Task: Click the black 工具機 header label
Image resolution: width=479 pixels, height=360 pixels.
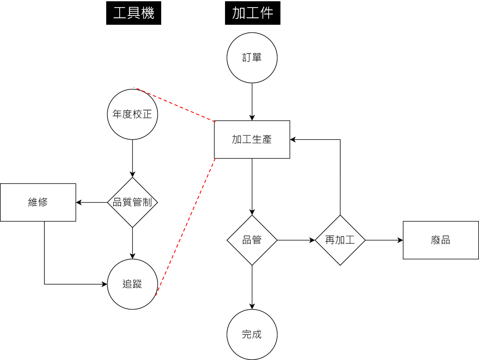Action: (133, 13)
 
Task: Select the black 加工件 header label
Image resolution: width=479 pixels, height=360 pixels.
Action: (253, 13)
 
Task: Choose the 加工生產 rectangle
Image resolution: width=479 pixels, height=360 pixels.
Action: (252, 140)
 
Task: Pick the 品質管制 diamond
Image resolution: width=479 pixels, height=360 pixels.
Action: (132, 202)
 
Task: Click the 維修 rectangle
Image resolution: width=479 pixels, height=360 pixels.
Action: (38, 202)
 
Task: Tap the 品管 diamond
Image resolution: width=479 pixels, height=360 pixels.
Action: (252, 240)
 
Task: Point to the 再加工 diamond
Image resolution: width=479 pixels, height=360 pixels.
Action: (340, 240)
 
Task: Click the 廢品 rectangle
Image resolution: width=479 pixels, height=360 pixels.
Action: (441, 240)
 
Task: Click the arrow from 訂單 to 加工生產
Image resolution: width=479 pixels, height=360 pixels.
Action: (252, 102)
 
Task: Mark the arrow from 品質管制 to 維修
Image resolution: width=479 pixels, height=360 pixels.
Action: (92, 202)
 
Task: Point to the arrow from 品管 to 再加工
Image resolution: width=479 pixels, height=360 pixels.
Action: (296, 240)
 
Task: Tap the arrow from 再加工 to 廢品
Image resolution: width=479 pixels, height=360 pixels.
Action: (384, 240)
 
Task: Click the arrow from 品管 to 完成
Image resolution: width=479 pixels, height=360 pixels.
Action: (252, 287)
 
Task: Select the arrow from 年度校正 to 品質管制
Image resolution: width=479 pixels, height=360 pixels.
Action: (132, 159)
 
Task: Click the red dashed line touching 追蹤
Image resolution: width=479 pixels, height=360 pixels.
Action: (186, 227)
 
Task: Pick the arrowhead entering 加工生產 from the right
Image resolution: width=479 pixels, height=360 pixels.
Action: (293, 140)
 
